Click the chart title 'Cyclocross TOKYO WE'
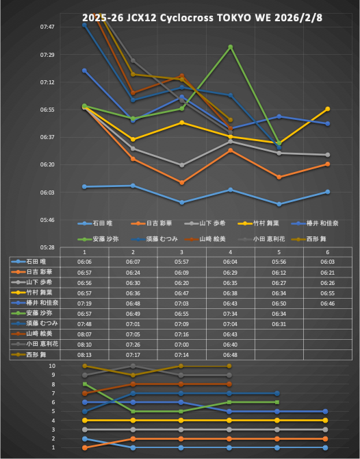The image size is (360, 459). (180, 17)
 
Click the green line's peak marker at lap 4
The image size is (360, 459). (231, 47)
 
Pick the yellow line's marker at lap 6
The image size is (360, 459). (328, 109)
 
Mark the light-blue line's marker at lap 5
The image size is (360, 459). (279, 204)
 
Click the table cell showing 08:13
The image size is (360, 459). (84, 355)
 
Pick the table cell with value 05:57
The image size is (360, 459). (181, 262)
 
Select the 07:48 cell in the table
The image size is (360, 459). (84, 323)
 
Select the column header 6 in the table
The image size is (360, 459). (327, 252)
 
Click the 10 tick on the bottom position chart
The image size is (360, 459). (71, 366)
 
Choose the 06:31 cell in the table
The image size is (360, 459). (279, 323)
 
